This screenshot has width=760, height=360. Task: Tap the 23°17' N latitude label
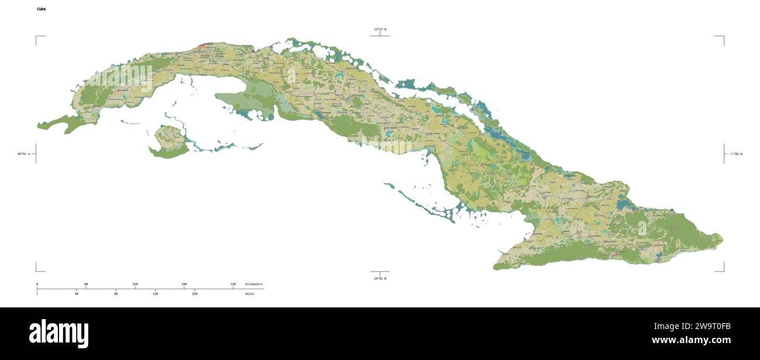(380, 29)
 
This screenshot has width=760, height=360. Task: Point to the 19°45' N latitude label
(380, 279)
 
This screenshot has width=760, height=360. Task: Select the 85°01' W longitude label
(23, 154)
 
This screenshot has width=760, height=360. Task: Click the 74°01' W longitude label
(735, 154)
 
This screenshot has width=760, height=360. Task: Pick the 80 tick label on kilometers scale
(86, 284)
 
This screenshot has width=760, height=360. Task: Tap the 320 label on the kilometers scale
(233, 284)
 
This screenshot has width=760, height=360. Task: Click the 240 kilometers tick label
(184, 284)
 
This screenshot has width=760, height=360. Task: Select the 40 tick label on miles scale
(76, 293)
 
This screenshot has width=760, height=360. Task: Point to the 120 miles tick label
(156, 293)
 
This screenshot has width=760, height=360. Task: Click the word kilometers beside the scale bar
(254, 284)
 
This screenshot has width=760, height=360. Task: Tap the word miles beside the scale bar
(250, 293)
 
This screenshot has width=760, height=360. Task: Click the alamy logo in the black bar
(58, 334)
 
